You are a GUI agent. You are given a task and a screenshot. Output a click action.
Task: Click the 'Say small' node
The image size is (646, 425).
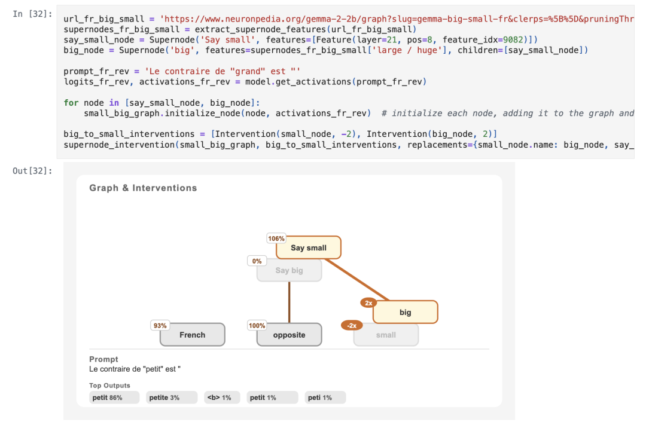point(309,247)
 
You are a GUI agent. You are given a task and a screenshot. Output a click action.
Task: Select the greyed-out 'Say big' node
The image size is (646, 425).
point(290,271)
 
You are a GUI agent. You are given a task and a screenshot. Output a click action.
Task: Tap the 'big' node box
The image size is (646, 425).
point(406,312)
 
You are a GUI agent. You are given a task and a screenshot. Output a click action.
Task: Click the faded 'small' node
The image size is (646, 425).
point(386,335)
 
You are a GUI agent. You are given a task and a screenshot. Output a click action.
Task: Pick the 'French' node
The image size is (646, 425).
point(193,335)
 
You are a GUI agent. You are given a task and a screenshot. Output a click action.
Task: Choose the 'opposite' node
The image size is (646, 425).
point(290,335)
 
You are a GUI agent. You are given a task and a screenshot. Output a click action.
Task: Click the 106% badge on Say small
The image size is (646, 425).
point(276,239)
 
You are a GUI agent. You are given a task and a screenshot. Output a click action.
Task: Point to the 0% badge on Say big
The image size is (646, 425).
point(257,261)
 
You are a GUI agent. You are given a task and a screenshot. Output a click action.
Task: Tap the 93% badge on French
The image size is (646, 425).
point(160,326)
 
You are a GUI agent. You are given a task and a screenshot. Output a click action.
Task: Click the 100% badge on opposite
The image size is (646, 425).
point(257,326)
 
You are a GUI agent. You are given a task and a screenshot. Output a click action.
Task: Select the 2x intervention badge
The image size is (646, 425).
point(368,303)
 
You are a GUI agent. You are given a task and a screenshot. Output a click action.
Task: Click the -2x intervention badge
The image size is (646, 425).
point(352,326)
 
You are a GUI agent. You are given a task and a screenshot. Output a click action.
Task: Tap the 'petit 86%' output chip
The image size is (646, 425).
point(114,398)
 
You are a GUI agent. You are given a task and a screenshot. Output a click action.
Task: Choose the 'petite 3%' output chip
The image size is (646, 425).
point(172,398)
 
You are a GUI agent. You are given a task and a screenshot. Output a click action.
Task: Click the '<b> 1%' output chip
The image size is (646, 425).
point(222,398)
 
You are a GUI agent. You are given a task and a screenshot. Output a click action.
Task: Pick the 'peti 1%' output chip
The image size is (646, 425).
point(325,398)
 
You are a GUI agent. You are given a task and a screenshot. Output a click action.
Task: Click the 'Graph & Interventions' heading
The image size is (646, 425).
point(143,188)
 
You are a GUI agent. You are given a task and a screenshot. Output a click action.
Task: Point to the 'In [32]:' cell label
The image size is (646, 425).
point(32,14)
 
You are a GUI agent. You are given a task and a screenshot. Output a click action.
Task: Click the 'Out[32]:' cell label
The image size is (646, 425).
point(32,171)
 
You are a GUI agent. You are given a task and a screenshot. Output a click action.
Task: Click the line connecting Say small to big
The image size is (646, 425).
point(356,280)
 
